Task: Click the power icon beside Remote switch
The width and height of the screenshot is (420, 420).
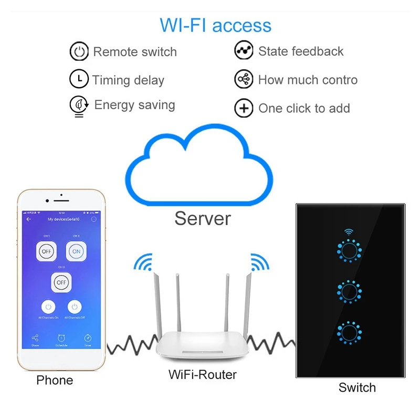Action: (79, 52)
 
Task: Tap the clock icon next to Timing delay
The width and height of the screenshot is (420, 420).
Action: (79, 79)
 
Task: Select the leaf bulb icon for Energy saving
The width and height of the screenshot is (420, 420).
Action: (79, 106)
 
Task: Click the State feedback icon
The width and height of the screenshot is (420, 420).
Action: (243, 51)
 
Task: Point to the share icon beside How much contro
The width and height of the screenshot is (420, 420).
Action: (243, 80)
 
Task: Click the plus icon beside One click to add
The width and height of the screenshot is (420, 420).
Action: (243, 109)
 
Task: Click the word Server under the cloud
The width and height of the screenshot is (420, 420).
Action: (202, 218)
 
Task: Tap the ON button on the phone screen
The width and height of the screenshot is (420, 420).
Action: (76, 251)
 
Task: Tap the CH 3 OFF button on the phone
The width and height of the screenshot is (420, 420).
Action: (61, 282)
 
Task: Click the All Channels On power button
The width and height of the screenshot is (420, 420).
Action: (48, 307)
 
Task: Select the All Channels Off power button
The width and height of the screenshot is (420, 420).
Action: (75, 307)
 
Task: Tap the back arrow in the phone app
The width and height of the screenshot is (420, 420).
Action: (28, 219)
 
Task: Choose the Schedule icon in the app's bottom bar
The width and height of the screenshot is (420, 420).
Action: (61, 339)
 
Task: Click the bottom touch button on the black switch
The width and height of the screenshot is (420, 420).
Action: (347, 332)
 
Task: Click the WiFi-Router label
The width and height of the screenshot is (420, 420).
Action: (202, 375)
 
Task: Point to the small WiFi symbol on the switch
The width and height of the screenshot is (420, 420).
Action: (347, 232)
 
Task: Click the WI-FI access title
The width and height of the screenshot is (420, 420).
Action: (215, 25)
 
